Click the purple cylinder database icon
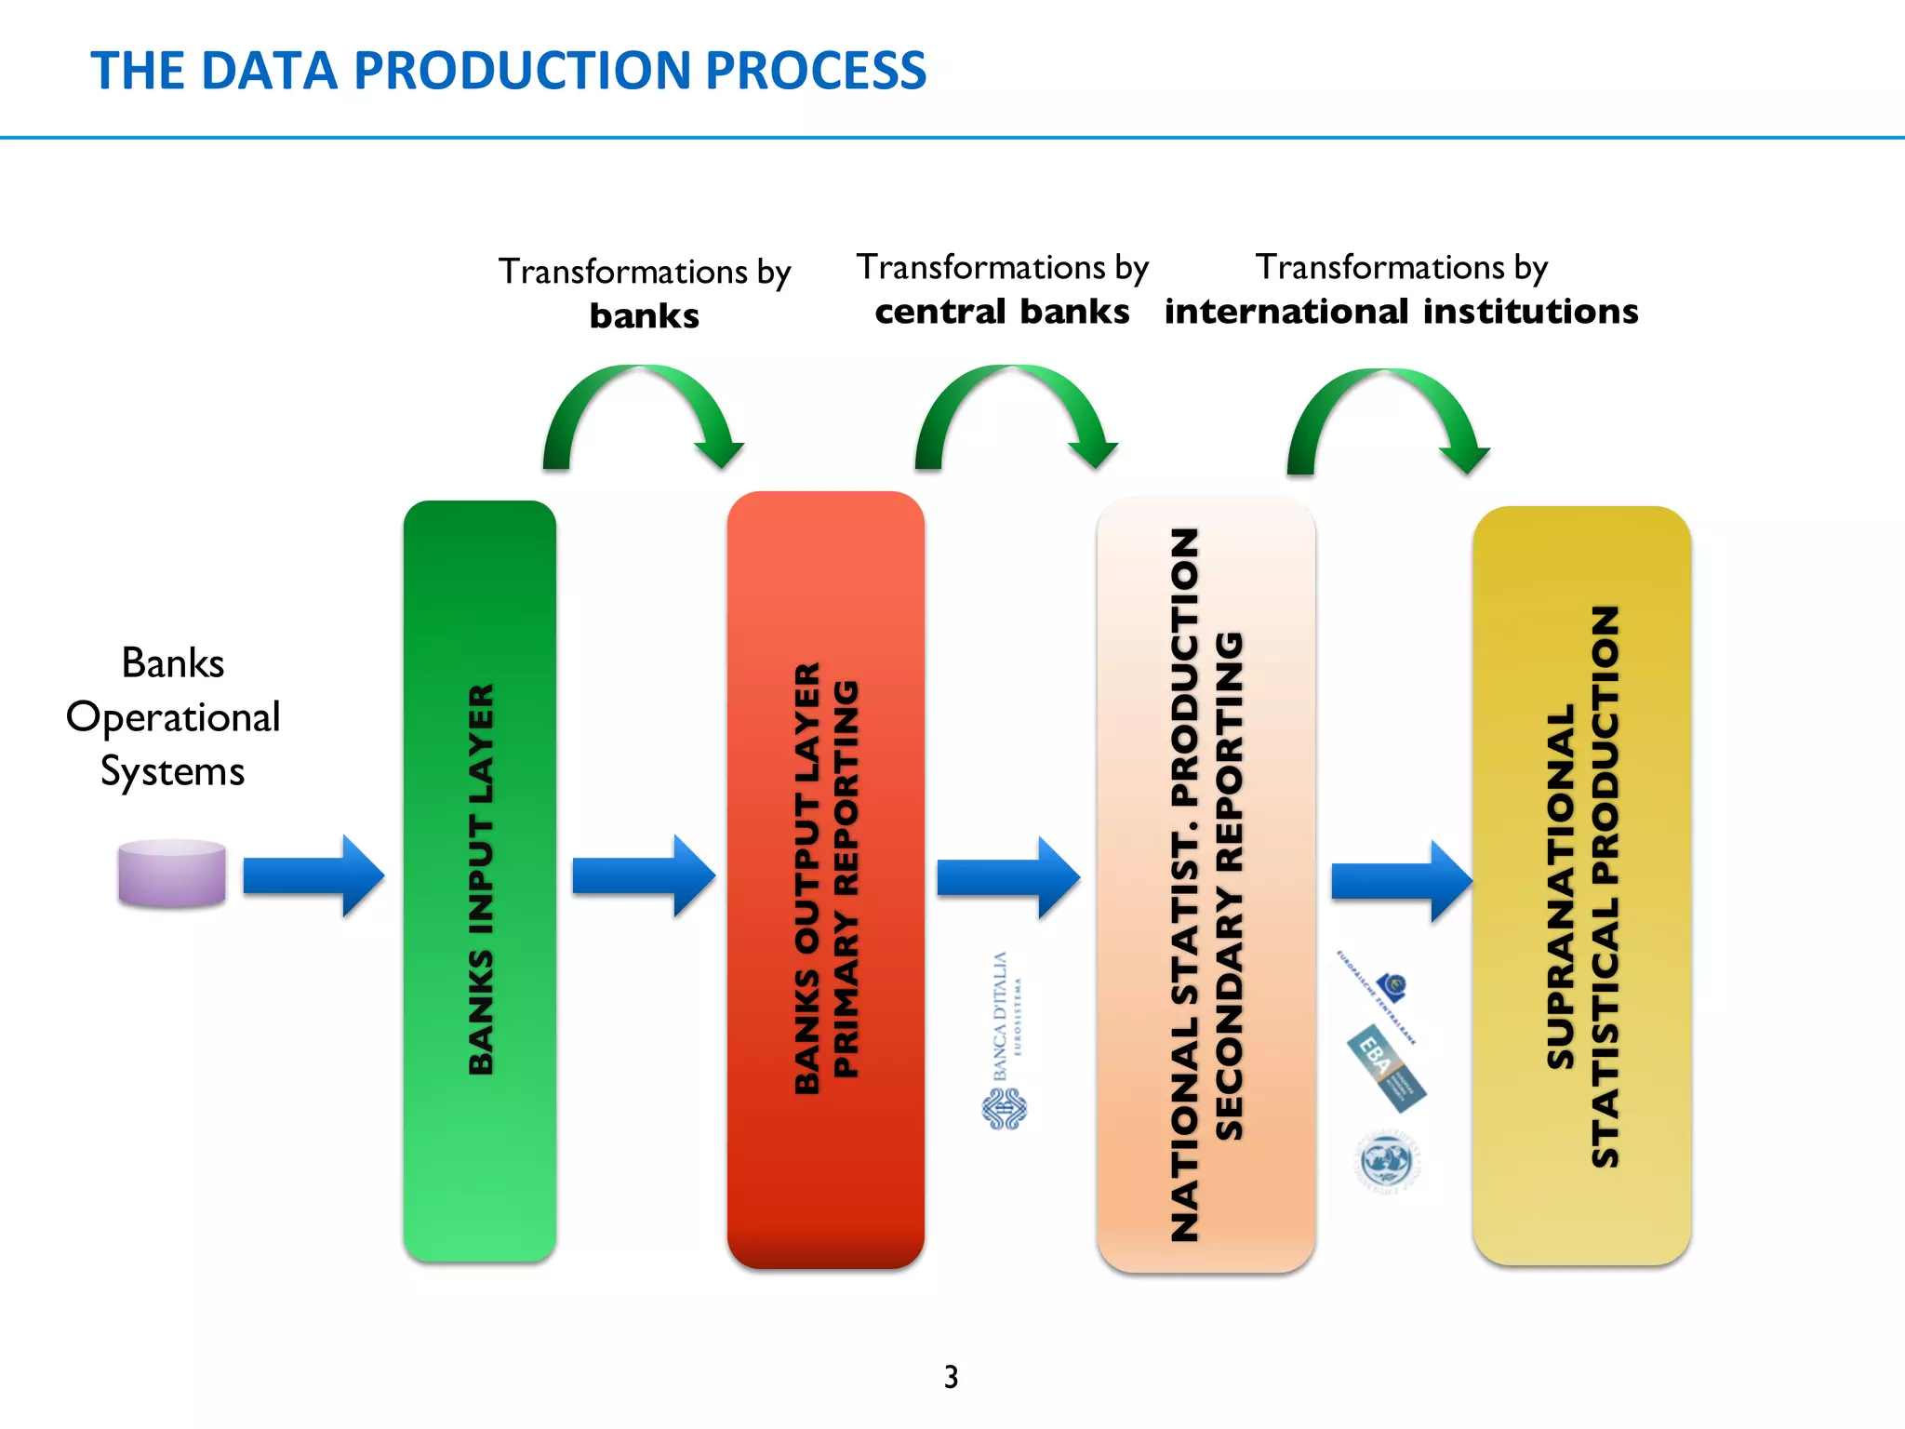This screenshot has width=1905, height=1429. coord(172,873)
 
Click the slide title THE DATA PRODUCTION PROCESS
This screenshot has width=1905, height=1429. coord(508,71)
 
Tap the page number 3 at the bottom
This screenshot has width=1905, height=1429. coord(951,1376)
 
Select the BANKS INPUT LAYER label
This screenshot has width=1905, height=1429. coord(481,880)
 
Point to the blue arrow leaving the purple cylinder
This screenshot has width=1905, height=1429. coord(313,875)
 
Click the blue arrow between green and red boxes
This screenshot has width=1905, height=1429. coord(643,875)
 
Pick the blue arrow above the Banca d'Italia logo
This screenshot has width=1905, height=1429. coord(1007,877)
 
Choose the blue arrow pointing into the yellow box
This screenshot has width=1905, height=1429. coord(1401,880)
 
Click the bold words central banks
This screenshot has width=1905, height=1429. coord(1002,312)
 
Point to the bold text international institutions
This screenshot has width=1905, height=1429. coord(1401,312)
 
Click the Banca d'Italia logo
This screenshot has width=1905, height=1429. coord(1005,1042)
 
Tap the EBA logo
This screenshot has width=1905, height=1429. coord(1386,1068)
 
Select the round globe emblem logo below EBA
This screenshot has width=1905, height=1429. coord(1386,1161)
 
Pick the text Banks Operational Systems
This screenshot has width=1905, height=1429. coord(173,717)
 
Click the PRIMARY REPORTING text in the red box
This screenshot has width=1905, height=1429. coord(846,880)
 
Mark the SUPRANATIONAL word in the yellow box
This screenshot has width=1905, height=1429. coord(1560,886)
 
